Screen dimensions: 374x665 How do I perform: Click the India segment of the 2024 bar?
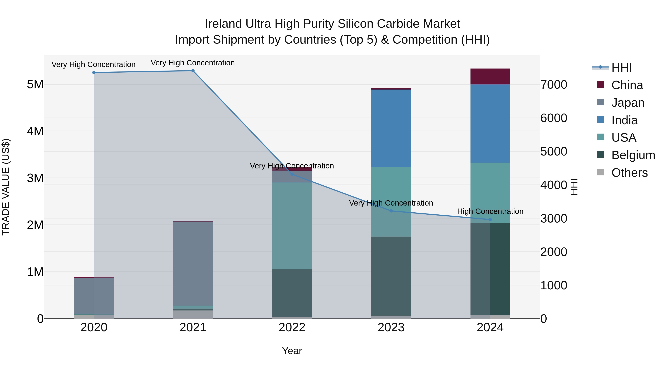point(490,123)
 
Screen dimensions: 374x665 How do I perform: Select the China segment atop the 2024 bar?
point(490,76)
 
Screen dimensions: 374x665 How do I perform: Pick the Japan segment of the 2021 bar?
point(193,263)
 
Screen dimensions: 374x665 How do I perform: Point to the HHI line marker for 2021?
point(193,71)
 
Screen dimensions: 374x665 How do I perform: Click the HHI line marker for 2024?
point(490,220)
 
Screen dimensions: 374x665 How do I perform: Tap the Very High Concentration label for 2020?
point(93,64)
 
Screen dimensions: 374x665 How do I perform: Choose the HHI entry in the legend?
point(621,68)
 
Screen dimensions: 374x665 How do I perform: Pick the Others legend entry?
point(629,173)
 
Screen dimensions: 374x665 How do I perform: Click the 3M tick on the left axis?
point(35,178)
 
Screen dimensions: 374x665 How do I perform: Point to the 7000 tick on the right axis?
point(554,85)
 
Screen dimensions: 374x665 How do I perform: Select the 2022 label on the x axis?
point(292,327)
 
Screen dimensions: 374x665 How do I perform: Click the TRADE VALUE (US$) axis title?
point(6,187)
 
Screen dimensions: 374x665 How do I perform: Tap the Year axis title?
point(292,351)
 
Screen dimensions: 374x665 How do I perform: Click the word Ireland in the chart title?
point(223,24)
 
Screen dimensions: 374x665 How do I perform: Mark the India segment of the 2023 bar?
point(391,128)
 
